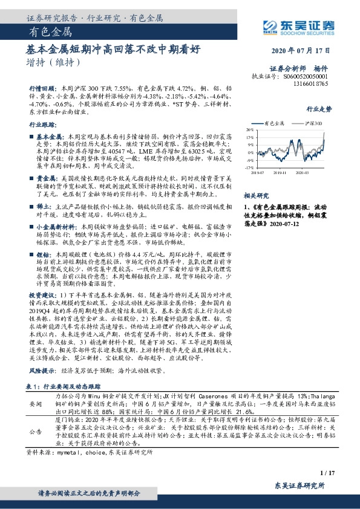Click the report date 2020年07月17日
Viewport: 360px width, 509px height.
click(306, 50)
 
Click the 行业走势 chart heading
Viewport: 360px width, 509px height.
click(319, 110)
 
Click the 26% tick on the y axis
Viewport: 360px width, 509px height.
click(250, 130)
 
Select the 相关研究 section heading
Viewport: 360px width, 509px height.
click(255, 196)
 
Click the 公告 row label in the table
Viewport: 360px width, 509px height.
click(36, 432)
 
